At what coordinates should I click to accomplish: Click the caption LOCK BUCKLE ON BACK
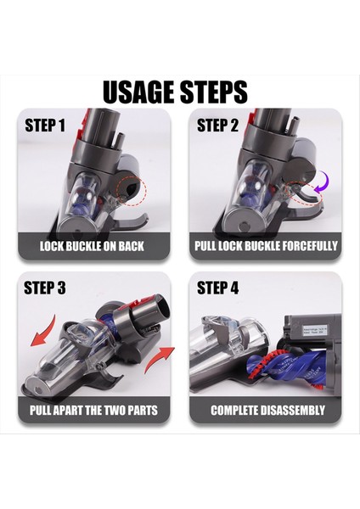(x=92, y=246)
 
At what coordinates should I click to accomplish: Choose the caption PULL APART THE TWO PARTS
(x=92, y=410)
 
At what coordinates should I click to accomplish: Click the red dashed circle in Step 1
(x=132, y=190)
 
